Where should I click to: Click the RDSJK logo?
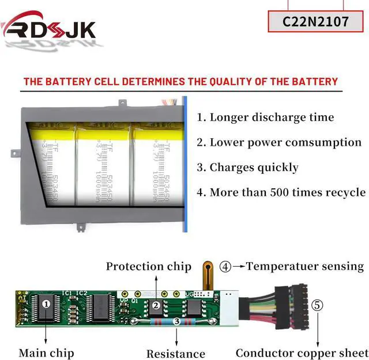point(49,27)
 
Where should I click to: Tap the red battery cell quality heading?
point(180,81)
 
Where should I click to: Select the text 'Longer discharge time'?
point(271,118)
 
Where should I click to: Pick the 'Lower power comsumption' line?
point(285,142)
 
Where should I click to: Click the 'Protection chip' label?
point(148,266)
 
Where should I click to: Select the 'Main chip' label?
point(46,352)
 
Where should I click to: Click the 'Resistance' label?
point(175,353)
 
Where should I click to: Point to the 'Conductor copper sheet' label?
point(301,353)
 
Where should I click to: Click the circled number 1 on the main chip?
point(47,302)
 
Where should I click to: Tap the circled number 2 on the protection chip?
point(155,305)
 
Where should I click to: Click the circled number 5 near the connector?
point(318,305)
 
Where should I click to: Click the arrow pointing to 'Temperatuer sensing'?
point(239,267)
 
